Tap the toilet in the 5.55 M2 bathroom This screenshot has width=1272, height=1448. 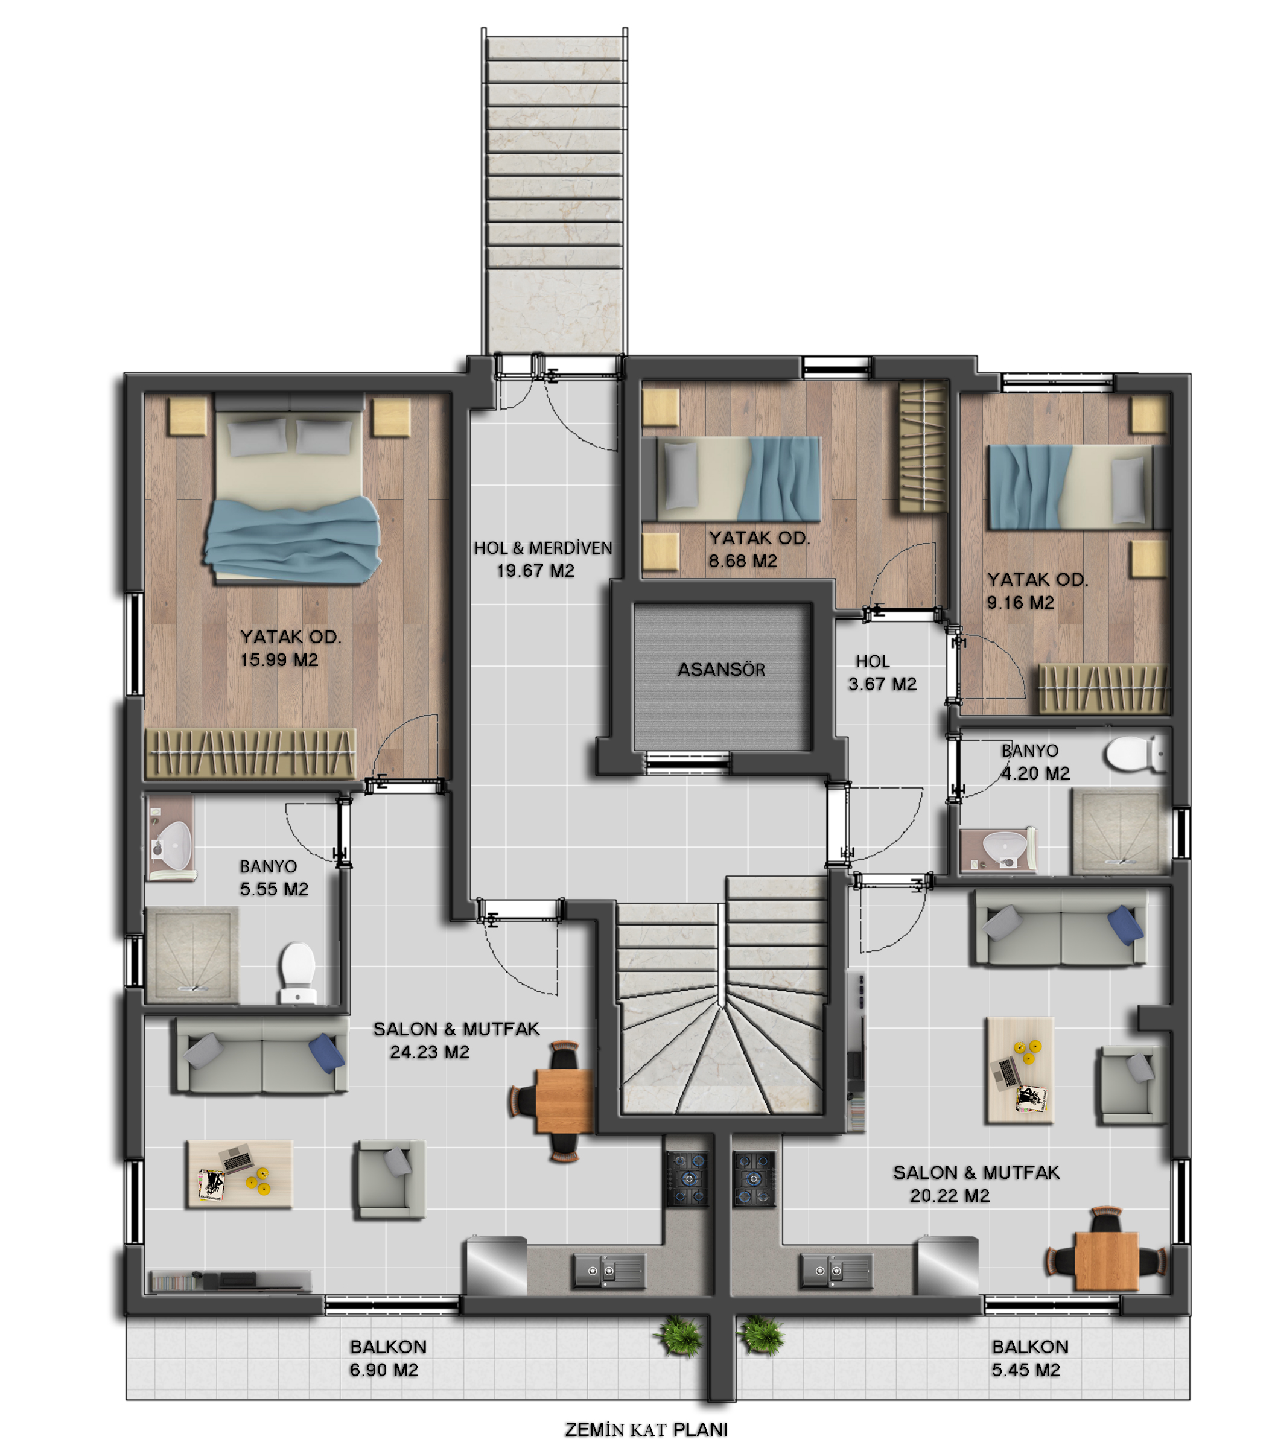click(x=297, y=972)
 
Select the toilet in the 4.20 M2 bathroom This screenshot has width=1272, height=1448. click(x=1133, y=754)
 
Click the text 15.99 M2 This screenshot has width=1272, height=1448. click(x=279, y=659)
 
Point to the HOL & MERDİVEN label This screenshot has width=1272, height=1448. click(x=543, y=548)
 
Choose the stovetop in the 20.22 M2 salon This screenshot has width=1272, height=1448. click(x=754, y=1179)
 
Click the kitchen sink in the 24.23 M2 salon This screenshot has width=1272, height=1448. click(x=609, y=1270)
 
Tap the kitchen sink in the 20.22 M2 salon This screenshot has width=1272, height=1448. click(x=837, y=1270)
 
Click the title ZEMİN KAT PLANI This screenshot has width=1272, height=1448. click(x=646, y=1429)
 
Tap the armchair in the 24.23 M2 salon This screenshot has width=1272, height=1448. click(x=390, y=1179)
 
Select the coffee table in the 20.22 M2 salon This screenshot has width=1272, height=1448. click(x=1019, y=1070)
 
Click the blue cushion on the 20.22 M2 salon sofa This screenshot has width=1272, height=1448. click(x=1125, y=924)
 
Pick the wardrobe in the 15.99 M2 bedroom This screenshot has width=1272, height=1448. click(x=249, y=754)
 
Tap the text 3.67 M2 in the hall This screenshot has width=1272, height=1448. click(x=882, y=684)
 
